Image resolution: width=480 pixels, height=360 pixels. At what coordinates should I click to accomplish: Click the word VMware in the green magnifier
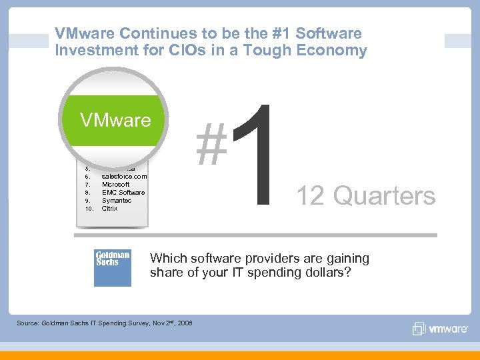(115, 120)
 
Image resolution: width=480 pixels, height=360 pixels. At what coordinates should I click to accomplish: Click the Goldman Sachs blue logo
(112, 267)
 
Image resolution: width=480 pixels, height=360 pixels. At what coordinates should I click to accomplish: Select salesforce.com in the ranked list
(124, 176)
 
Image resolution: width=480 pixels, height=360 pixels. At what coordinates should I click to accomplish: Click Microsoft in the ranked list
(116, 184)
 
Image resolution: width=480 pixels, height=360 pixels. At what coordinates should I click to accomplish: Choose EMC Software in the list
(123, 192)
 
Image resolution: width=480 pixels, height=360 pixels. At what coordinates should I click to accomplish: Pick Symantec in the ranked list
(117, 200)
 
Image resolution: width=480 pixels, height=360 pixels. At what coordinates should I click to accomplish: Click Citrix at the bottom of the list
(109, 208)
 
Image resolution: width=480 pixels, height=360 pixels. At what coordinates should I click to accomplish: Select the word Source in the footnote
(28, 323)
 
